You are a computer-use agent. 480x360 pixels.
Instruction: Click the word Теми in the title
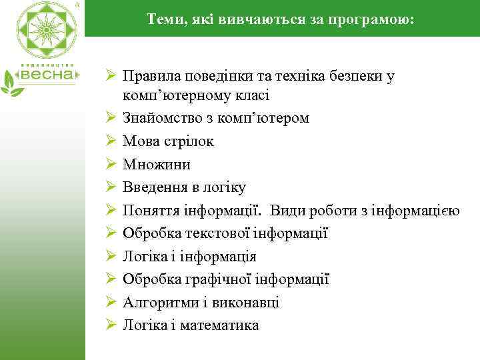pyautogui.click(x=163, y=21)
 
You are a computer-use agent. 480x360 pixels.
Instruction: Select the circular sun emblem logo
pyautogui.click(x=47, y=29)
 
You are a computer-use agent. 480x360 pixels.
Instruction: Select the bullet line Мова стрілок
pyautogui.click(x=168, y=141)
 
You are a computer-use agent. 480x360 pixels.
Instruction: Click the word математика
pyautogui.click(x=223, y=325)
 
